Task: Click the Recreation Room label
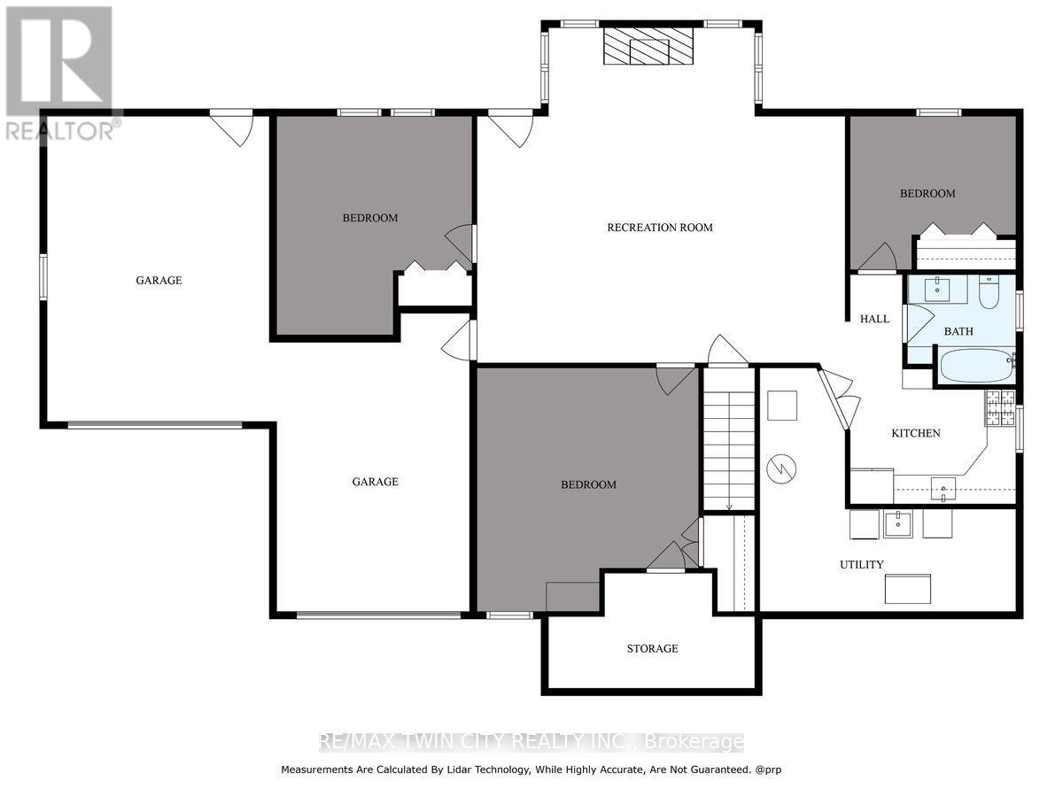coord(659,228)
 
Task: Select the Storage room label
coord(652,649)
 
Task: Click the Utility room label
coord(861,565)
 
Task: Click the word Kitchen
coord(915,433)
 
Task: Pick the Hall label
coord(874,319)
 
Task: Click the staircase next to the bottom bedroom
coord(728,438)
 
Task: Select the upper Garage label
coord(159,281)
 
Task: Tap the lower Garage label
coord(375,482)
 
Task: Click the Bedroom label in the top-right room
coord(927,194)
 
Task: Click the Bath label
coord(958,331)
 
